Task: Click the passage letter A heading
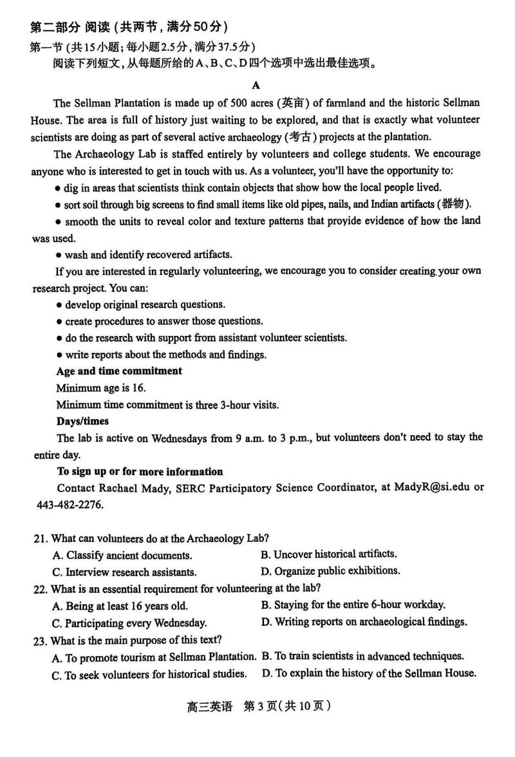tap(256, 85)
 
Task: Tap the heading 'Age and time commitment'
tap(119, 371)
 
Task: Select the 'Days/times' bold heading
tap(82, 421)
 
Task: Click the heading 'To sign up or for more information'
tap(140, 471)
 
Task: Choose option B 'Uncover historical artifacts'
tap(328, 554)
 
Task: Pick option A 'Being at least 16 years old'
tap(119, 606)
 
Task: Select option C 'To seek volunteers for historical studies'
tap(149, 675)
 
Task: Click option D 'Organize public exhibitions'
tap(330, 571)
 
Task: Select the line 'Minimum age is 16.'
tap(101, 388)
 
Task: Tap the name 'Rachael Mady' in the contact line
tap(131, 488)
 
